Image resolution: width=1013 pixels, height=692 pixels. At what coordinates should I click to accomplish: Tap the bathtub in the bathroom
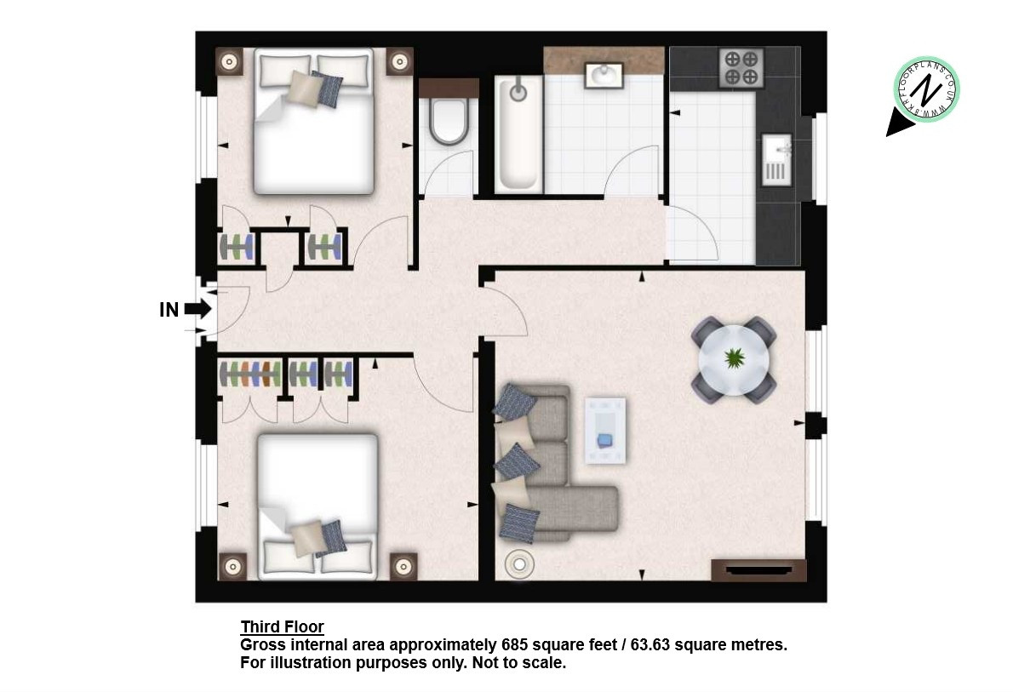pyautogui.click(x=518, y=133)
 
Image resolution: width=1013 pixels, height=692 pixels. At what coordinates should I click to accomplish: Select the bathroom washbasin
pyautogui.click(x=604, y=74)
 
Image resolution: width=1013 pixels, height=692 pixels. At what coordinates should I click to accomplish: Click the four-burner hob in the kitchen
pyautogui.click(x=741, y=68)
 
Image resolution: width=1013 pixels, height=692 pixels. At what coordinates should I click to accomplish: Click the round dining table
pyautogui.click(x=734, y=360)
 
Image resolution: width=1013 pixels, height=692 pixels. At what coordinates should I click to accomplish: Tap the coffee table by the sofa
pyautogui.click(x=605, y=431)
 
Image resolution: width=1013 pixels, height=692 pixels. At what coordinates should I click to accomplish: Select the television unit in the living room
pyautogui.click(x=759, y=570)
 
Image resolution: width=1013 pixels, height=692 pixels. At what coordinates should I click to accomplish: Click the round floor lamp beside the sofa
pyautogui.click(x=519, y=564)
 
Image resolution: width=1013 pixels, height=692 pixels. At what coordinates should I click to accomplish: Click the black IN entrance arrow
pyautogui.click(x=197, y=310)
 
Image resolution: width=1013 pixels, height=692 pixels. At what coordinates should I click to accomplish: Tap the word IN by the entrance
pyautogui.click(x=169, y=310)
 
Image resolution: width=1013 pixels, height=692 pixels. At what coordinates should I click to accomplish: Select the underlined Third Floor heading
pyautogui.click(x=283, y=626)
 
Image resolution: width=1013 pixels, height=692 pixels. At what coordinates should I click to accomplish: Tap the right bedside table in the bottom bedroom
pyautogui.click(x=403, y=567)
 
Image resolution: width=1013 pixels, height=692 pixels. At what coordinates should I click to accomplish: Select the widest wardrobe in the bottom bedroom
pyautogui.click(x=250, y=375)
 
